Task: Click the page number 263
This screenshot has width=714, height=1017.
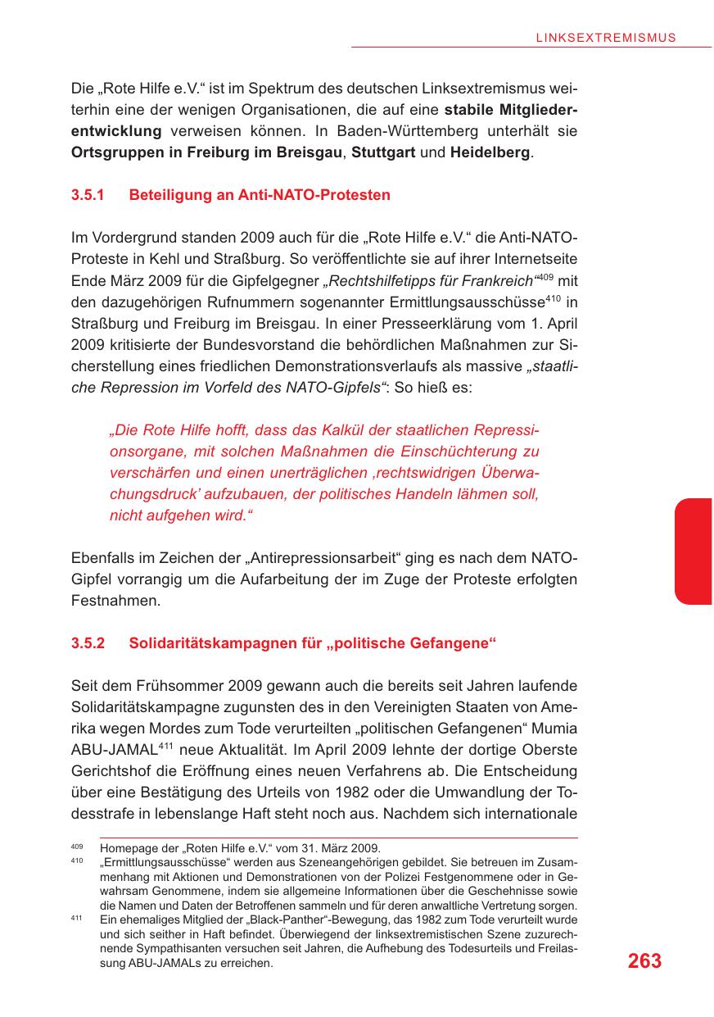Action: pos(644,961)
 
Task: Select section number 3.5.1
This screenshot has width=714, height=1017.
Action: pos(88,195)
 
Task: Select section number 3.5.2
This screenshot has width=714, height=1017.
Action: pos(88,643)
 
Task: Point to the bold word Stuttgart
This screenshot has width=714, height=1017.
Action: pos(383,152)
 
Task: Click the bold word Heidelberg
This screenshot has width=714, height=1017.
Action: pos(490,152)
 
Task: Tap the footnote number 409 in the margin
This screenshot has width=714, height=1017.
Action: pos(78,846)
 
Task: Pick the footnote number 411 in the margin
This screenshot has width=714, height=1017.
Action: pos(78,919)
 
